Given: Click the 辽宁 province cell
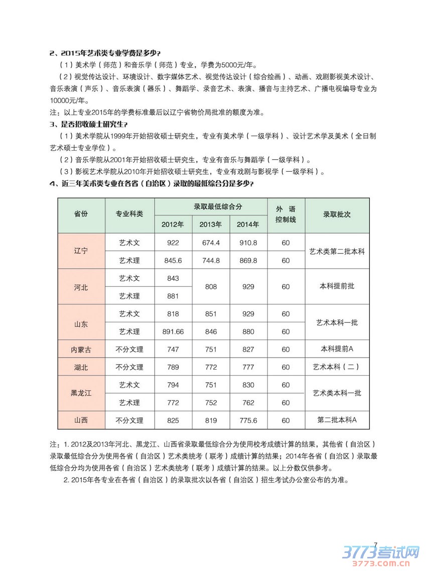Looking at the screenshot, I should point(81,251).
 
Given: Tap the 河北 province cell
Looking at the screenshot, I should point(81,287).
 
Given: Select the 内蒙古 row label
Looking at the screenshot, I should point(81,349).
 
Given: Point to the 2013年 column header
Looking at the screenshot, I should point(211,224).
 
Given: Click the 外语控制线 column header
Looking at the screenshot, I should point(286,214).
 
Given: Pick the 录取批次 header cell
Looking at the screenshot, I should point(337,214).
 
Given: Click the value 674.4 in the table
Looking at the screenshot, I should point(211,243).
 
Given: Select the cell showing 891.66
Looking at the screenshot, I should point(173,331).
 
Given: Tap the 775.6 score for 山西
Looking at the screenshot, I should point(248,420).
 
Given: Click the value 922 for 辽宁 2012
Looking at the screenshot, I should point(173,243).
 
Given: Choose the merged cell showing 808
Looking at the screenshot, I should point(211,287).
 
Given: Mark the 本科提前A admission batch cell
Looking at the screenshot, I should point(337,349).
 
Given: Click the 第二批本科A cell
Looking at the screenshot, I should point(337,420).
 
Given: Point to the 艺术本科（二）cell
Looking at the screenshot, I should point(337,367).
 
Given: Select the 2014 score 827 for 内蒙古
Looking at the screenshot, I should point(248,349).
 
